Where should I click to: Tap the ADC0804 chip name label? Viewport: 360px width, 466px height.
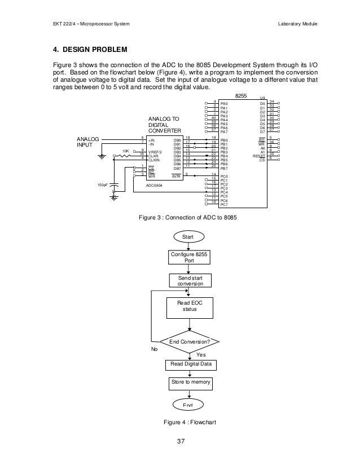tap(157, 184)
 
